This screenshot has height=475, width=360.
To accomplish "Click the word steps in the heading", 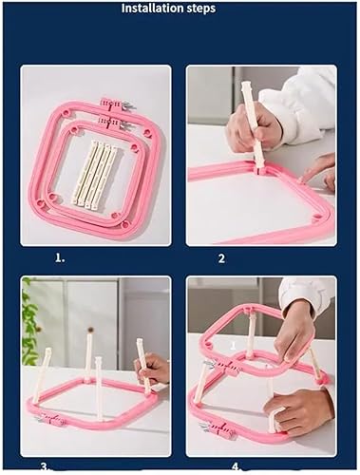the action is (199, 9).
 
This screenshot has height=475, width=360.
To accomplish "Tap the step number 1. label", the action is (60, 258).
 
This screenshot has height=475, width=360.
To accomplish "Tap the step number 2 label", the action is (221, 258).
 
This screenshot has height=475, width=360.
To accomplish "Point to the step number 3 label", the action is (45, 466).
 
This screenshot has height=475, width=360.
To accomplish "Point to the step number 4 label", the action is (236, 466).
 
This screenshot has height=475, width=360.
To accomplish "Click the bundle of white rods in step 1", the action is (93, 174).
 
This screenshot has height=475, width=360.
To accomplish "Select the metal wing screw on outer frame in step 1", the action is (128, 105).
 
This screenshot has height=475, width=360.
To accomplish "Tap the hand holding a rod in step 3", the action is (151, 369).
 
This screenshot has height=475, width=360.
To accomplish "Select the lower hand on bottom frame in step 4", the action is (297, 410).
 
